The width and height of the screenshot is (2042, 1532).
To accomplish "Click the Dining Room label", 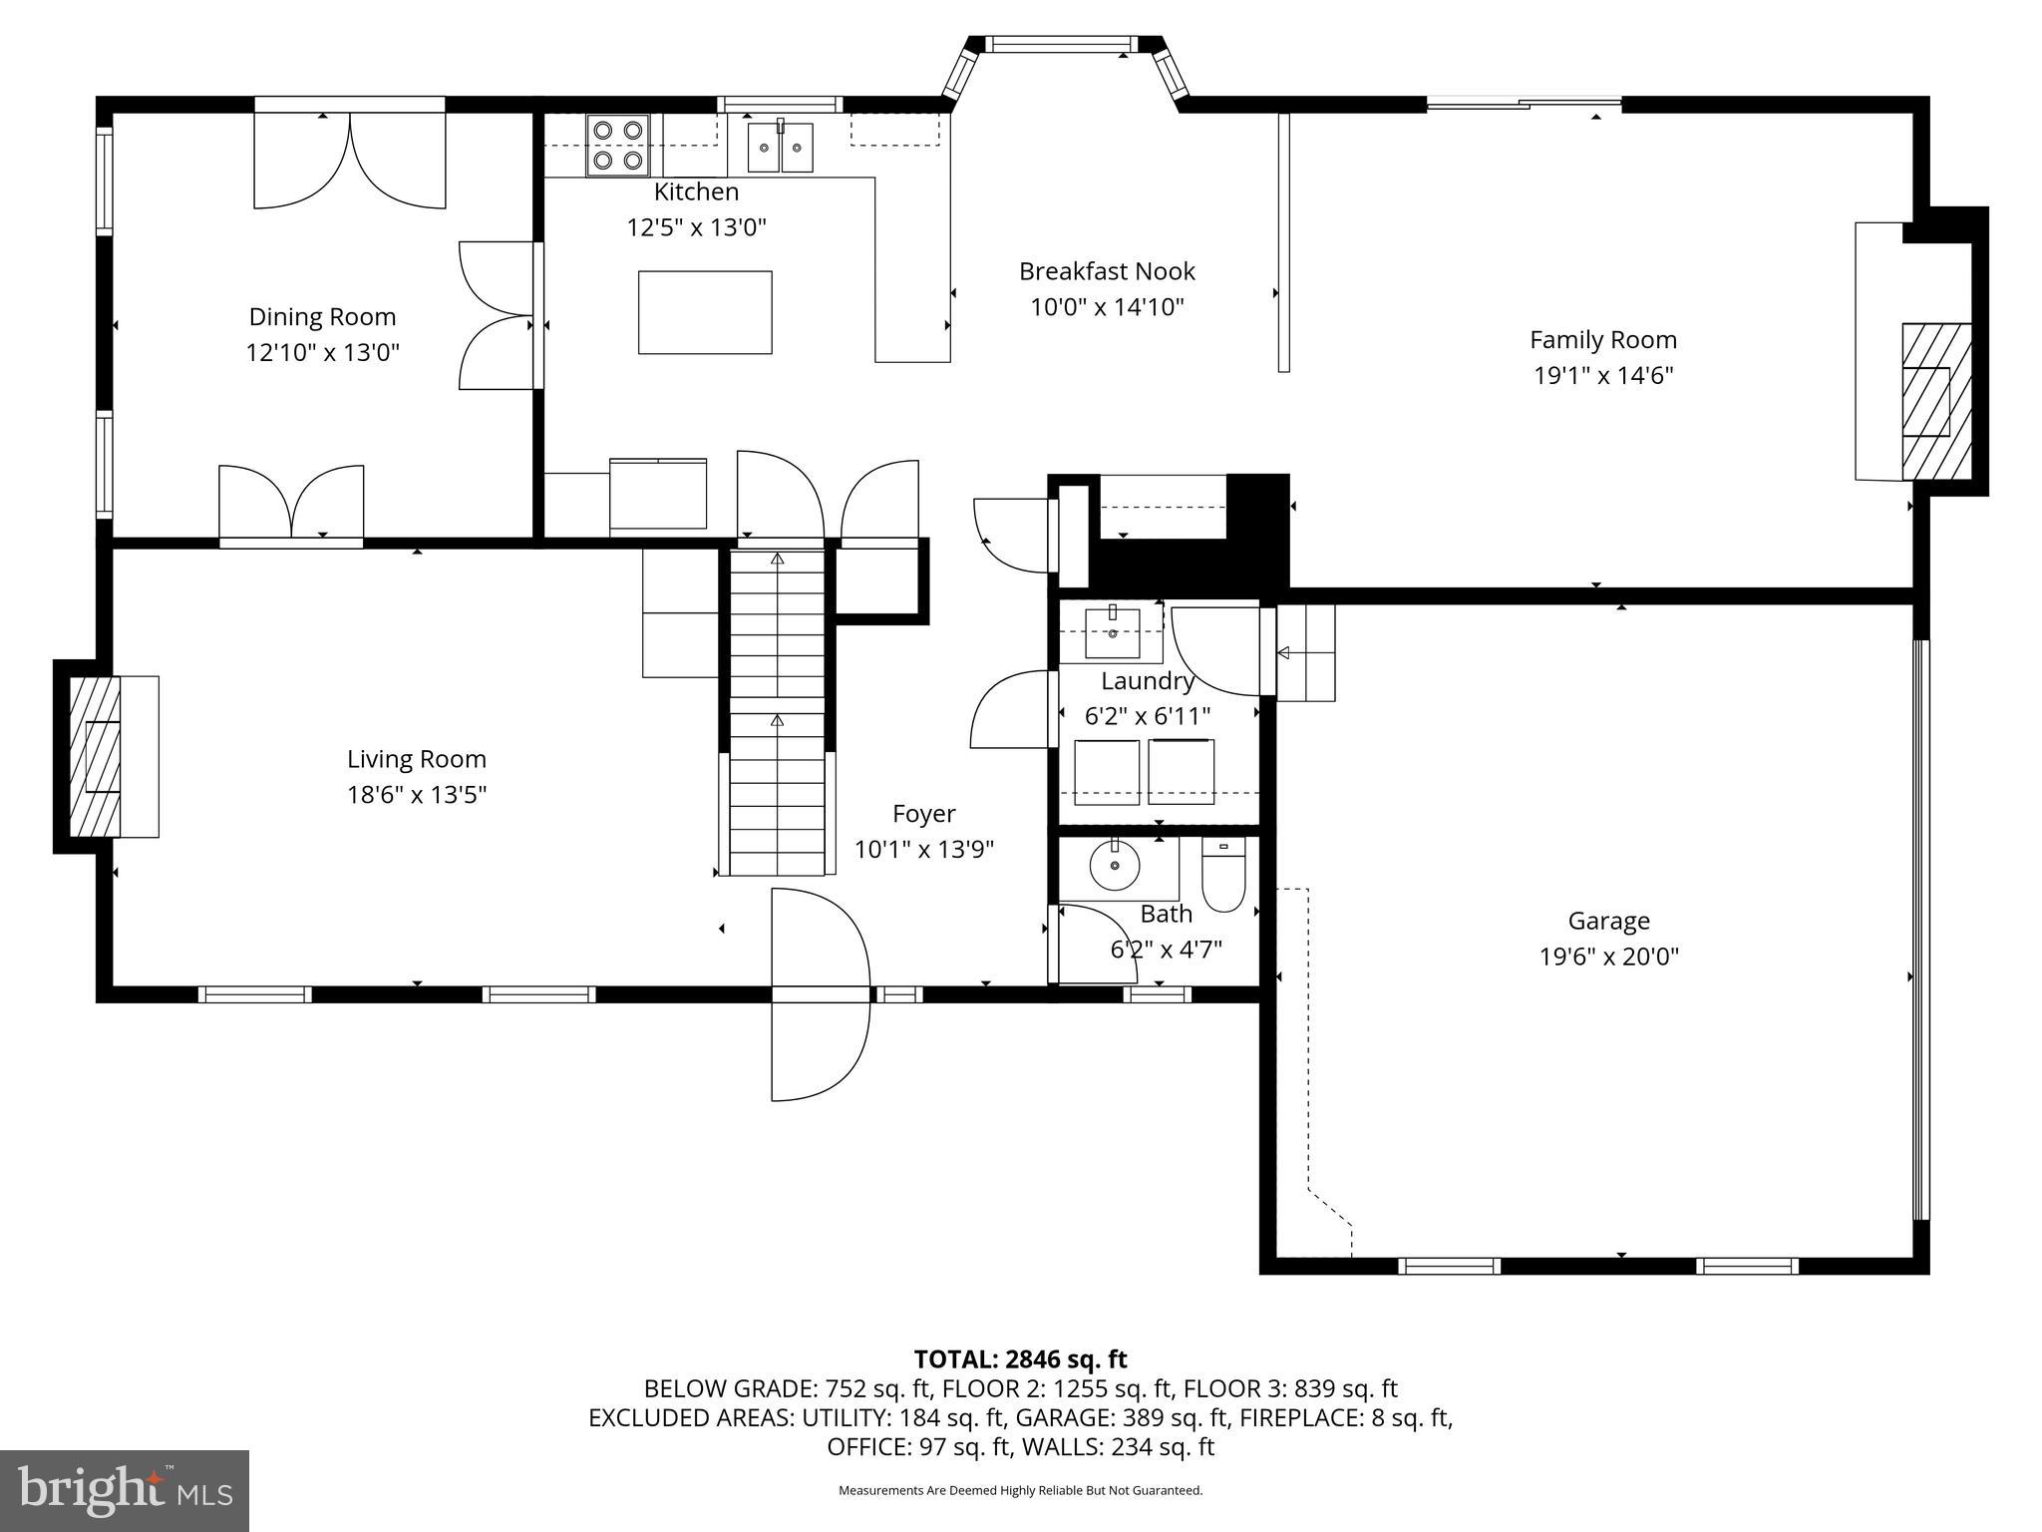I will click(x=322, y=317).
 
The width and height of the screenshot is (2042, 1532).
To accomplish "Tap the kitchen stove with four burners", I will click(x=617, y=145).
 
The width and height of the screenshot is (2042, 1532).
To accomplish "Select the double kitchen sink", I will click(x=780, y=148).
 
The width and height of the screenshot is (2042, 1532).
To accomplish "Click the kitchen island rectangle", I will click(x=705, y=312).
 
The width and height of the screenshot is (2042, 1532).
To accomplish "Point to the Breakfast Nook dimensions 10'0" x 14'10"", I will click(x=1107, y=306).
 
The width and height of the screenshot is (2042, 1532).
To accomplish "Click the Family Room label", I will click(x=1602, y=340).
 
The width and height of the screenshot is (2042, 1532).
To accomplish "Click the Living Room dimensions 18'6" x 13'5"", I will click(x=417, y=795).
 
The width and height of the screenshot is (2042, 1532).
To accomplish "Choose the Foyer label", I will click(x=923, y=814).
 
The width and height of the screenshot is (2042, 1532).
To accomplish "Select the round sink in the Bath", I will click(x=1115, y=866).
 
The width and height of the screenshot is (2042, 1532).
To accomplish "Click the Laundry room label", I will click(x=1147, y=681).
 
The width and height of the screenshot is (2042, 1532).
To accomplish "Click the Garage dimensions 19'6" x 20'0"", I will click(x=1608, y=957).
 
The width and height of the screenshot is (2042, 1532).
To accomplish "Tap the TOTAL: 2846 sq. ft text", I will click(x=1020, y=1359).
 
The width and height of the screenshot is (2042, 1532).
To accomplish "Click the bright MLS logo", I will click(x=124, y=1490).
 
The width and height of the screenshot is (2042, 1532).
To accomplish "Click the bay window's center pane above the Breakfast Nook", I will click(x=1059, y=44).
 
